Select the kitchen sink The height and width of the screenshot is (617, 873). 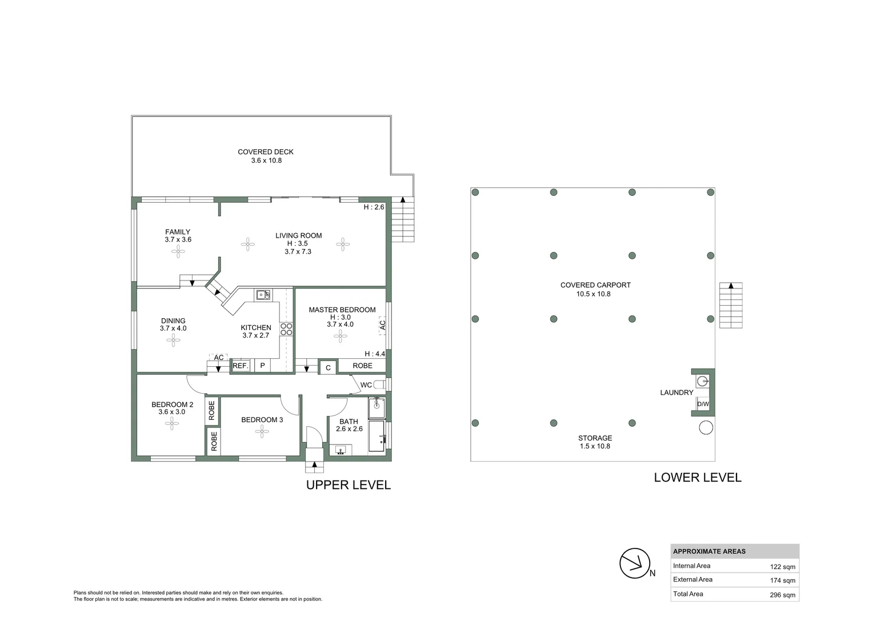(x=263, y=295)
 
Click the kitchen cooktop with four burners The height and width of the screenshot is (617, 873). (x=286, y=329)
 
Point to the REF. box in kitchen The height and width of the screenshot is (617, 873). (x=240, y=366)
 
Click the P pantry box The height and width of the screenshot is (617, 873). (x=263, y=366)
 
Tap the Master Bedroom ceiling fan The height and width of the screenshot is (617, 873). (x=340, y=336)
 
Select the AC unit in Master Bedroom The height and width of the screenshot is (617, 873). (x=382, y=324)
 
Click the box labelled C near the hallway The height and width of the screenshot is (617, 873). (x=328, y=368)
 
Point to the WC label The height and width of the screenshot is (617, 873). (x=366, y=384)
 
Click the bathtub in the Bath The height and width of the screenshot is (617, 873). (x=377, y=436)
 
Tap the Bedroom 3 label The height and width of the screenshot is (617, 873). (x=262, y=420)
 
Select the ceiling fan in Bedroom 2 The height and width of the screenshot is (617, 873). (x=171, y=423)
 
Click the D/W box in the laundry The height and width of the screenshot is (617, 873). (x=702, y=404)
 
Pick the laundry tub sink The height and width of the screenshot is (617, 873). (x=702, y=381)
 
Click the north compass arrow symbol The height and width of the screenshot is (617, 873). (x=635, y=563)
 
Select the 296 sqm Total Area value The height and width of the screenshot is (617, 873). (x=782, y=595)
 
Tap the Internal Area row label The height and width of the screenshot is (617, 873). (x=691, y=566)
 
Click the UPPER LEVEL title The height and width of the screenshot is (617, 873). (x=349, y=485)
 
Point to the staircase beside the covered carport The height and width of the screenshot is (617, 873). (x=731, y=305)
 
